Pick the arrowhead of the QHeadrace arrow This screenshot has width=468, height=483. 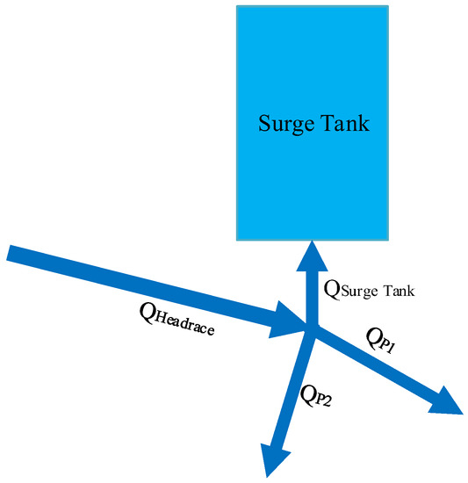click(291, 321)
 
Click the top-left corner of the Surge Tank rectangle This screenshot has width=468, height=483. click(237, 6)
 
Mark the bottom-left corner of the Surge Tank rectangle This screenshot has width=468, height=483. click(237, 239)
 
